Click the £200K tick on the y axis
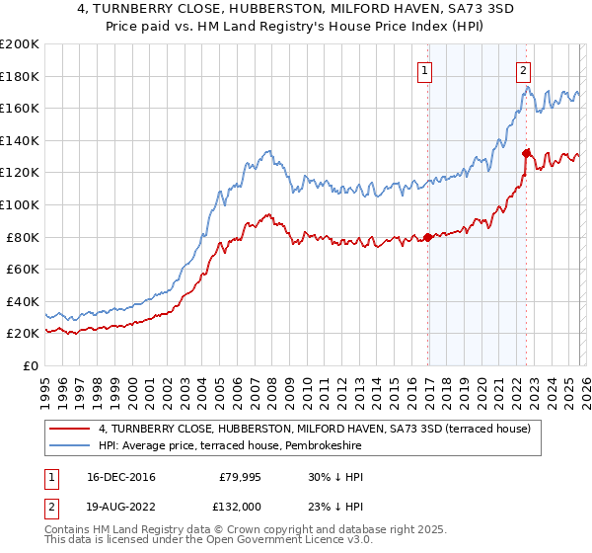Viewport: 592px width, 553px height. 20,44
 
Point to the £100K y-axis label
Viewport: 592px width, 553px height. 20,204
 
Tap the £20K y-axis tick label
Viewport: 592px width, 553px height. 23,334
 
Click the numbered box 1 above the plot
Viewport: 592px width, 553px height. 426,70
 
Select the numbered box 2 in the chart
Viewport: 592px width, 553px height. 523,70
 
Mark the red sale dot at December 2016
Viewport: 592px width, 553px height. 427,237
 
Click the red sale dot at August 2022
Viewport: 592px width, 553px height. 526,153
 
